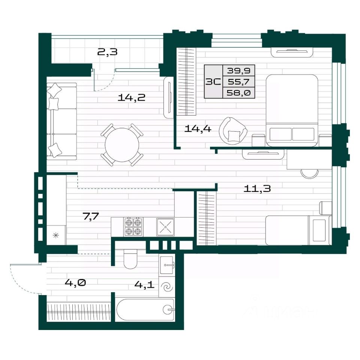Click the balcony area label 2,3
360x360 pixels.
coord(107,52)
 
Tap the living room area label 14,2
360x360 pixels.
coord(132,98)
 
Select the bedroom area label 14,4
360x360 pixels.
coord(198,129)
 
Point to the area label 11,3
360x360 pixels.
coord(257,189)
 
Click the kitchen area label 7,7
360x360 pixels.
coord(91,216)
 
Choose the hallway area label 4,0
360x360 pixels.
coord(75,282)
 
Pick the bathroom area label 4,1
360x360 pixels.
coord(144,285)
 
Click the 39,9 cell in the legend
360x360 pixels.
coord(238,70)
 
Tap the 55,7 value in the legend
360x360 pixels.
coord(238,81)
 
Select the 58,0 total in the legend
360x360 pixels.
coord(238,93)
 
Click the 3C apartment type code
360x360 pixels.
coord(213,81)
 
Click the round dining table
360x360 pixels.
coord(122,145)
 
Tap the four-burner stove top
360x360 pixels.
coord(133,227)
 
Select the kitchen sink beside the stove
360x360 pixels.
coord(165,227)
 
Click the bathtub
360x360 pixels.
coord(145,309)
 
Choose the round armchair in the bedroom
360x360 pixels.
coord(233,131)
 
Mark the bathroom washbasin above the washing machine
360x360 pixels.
coord(167,265)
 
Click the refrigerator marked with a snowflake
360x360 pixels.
coord(56,235)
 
